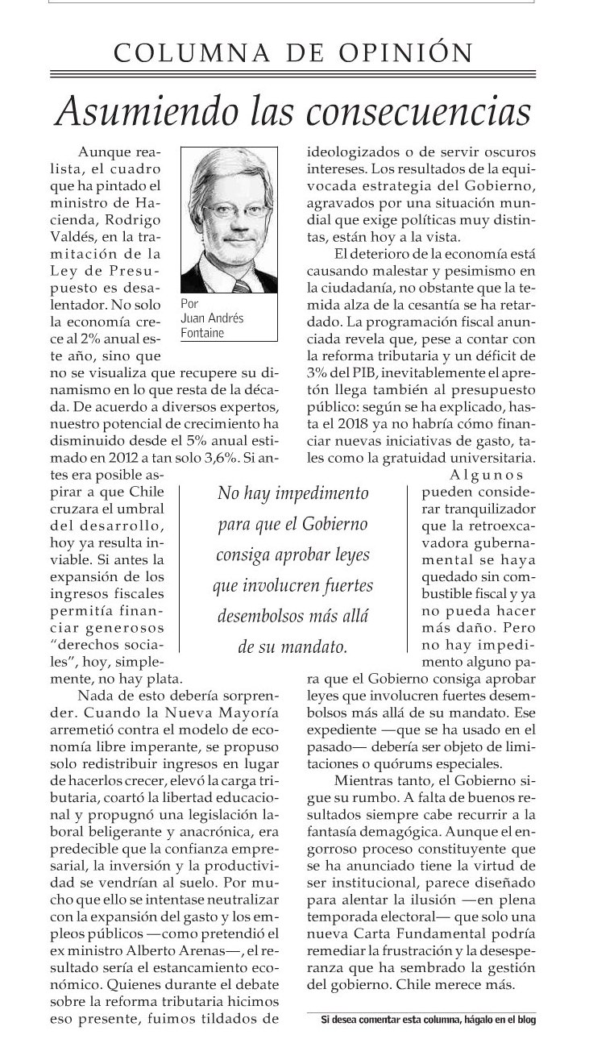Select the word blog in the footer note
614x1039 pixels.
coord(527,1019)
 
